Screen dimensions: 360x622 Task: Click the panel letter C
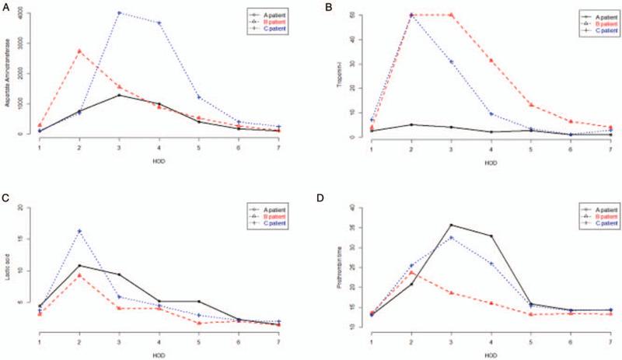coord(5,199)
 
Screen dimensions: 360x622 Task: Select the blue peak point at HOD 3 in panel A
coord(118,13)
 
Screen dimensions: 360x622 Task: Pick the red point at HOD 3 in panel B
coord(450,15)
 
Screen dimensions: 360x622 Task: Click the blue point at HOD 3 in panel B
coord(450,62)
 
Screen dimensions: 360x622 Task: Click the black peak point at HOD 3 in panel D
coord(450,225)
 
